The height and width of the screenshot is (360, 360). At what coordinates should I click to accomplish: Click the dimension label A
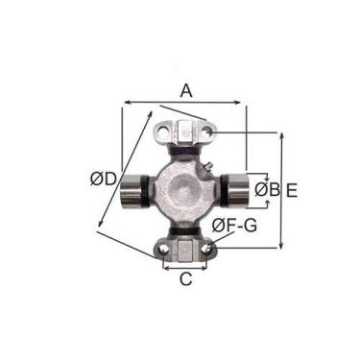pos(186,90)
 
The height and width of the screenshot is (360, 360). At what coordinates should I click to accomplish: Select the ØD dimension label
pos(104,179)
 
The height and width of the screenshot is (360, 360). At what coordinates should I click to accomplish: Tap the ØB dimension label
pos(267,190)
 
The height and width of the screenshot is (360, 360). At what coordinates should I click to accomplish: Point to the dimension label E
pos(292,190)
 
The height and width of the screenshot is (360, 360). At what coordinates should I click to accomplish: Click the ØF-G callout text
pos(234,226)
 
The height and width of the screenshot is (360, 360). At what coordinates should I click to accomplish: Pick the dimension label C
pos(185,278)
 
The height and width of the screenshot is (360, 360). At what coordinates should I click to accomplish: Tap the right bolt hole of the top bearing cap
pos(209,131)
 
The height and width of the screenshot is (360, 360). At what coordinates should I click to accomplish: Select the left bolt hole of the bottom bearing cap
pos(163,250)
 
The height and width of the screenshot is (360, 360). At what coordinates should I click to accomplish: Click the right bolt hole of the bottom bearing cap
pos(207,249)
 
